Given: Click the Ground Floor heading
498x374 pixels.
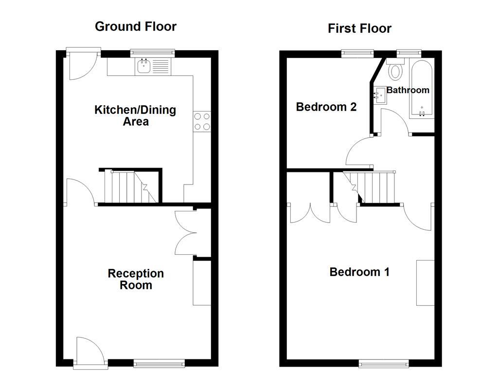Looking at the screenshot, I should pos(135,26).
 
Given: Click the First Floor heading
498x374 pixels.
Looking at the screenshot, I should pos(359,28).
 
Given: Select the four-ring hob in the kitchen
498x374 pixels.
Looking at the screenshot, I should pos(202,121).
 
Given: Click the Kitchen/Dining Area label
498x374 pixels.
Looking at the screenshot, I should pos(135,115).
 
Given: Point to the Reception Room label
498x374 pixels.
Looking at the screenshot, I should pos(136,279).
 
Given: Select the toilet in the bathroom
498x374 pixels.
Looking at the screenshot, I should pos(396,71).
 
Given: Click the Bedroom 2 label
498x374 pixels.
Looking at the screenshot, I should pos(326,107).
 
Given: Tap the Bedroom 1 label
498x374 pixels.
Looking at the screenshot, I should pos(359,272).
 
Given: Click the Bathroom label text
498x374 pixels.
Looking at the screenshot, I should pos(408,90).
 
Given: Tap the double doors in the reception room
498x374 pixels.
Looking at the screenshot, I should pos(185,233).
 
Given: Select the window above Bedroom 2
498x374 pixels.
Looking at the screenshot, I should pos(357,53).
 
